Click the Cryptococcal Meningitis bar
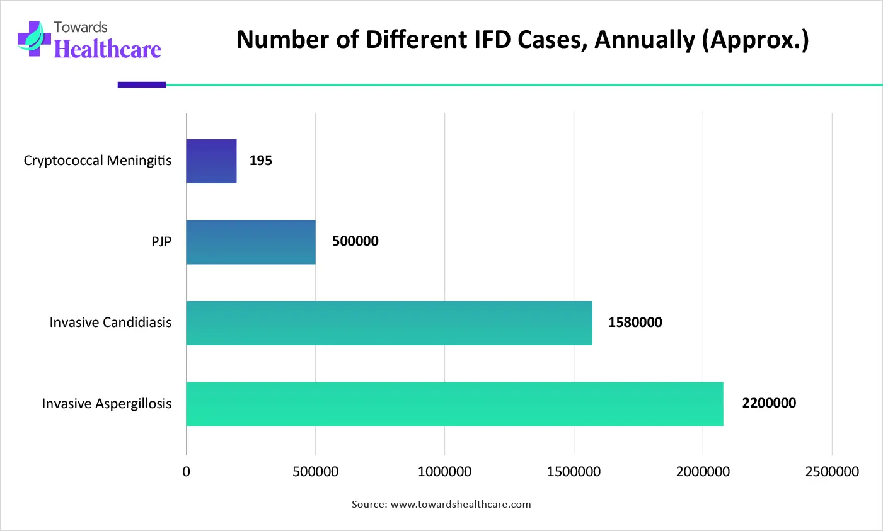click(211, 161)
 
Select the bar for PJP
click(251, 242)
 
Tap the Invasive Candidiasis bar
click(389, 323)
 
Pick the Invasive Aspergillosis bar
click(454, 404)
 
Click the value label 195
click(260, 161)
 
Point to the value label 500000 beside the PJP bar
click(355, 241)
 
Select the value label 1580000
click(635, 323)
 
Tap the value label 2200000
click(768, 403)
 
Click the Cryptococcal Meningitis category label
click(98, 161)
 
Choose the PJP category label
click(161, 242)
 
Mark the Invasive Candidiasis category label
click(110, 323)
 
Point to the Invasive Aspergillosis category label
click(107, 404)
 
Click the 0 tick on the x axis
click(186, 472)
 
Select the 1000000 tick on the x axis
click(444, 472)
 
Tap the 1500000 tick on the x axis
click(574, 472)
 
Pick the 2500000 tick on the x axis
click(832, 472)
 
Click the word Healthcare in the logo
click(107, 49)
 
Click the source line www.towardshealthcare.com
click(461, 505)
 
